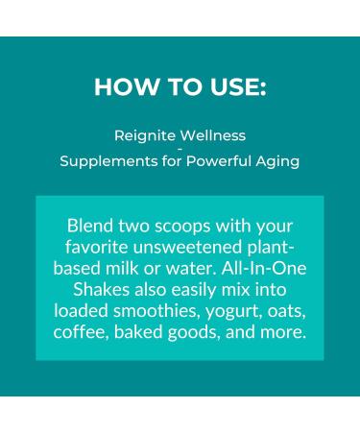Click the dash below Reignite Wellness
180,149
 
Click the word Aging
278,161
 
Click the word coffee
84,333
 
